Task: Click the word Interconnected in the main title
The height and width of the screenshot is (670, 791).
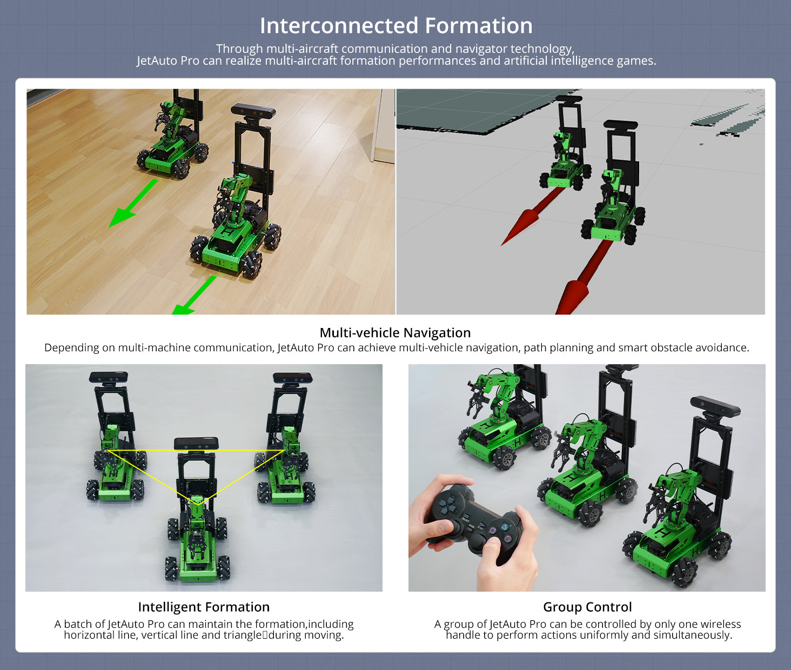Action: [339, 25]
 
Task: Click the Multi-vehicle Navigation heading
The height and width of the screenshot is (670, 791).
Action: [395, 332]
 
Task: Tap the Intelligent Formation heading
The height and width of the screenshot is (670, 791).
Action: [204, 607]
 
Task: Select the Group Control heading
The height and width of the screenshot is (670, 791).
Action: [587, 607]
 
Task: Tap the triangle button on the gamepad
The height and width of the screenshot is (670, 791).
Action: [505, 527]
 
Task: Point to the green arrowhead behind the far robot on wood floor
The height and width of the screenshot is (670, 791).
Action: [122, 217]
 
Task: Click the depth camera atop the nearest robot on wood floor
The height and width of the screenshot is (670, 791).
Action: [253, 110]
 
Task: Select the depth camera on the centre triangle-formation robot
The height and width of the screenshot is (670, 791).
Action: [196, 444]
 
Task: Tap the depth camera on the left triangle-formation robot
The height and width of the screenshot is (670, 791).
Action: [109, 377]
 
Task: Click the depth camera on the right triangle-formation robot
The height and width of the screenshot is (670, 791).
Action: [293, 378]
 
